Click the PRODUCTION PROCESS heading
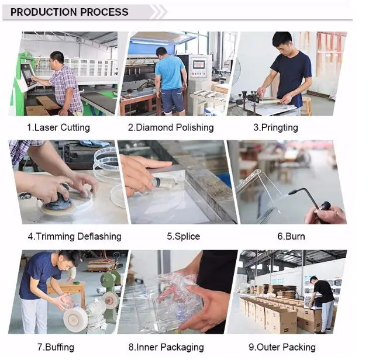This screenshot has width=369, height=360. click(70, 12)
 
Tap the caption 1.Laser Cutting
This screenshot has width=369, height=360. click(58, 127)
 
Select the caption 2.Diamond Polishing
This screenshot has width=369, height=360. click(171, 127)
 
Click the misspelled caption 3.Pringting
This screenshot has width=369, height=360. click(275, 127)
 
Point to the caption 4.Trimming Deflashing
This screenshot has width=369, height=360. click(75, 237)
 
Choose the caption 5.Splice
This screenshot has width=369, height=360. click(184, 237)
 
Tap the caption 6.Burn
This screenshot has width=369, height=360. click(291, 236)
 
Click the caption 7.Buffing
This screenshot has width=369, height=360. click(56, 347)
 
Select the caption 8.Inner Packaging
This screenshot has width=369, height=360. click(166, 347)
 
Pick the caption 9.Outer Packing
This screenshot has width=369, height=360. click(282, 347)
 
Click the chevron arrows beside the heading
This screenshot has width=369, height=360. click(158, 12)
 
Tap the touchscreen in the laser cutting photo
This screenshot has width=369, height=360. click(27, 75)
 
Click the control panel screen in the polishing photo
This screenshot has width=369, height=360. click(199, 64)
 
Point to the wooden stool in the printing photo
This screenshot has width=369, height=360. click(306, 106)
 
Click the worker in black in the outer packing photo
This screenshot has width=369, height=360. click(322, 303)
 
